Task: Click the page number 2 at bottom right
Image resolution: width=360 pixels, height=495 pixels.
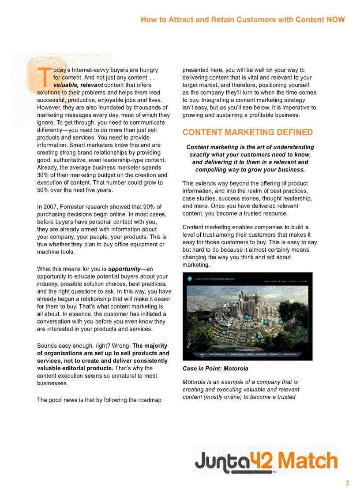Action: click(347, 483)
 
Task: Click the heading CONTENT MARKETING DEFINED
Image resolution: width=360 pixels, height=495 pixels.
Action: click(247, 132)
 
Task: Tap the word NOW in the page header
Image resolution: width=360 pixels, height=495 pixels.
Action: click(336, 19)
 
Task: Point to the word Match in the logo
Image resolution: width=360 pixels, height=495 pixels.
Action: click(308, 461)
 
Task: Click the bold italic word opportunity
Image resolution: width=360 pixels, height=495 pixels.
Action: click(124, 269)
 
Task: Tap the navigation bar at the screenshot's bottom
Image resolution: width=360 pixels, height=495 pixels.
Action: click(247, 354)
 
